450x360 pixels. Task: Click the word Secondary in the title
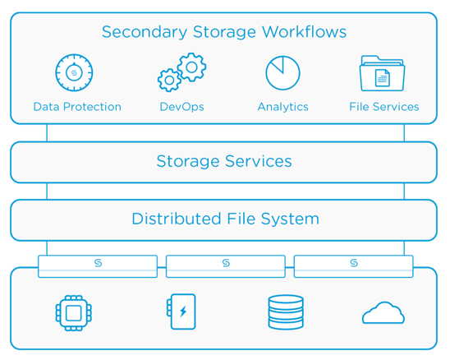145,32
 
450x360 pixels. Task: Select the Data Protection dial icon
74,72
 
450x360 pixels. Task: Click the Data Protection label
77,107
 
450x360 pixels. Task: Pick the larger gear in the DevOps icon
191,67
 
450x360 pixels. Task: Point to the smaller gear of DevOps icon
169,81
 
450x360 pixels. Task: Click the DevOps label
181,107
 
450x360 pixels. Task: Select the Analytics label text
283,107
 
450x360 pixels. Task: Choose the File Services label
384,107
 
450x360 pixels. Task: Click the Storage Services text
224,161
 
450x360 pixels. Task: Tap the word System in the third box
290,219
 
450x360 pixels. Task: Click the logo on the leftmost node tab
99,263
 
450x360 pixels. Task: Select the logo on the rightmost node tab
354,263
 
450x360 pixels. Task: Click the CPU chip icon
74,313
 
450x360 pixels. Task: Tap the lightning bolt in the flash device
183,312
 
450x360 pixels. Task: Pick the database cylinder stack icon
286,312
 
